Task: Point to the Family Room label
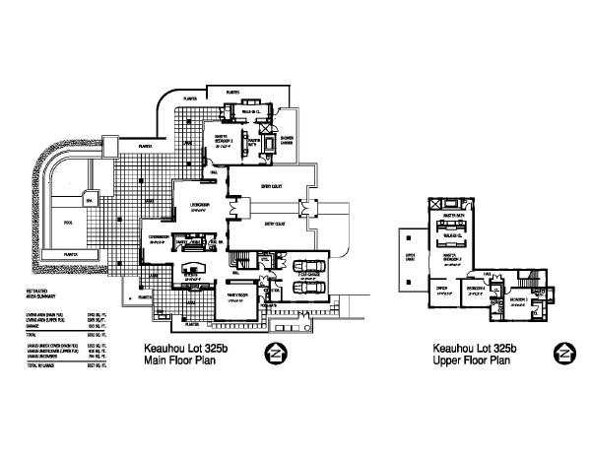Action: pyautogui.click(x=239, y=294)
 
